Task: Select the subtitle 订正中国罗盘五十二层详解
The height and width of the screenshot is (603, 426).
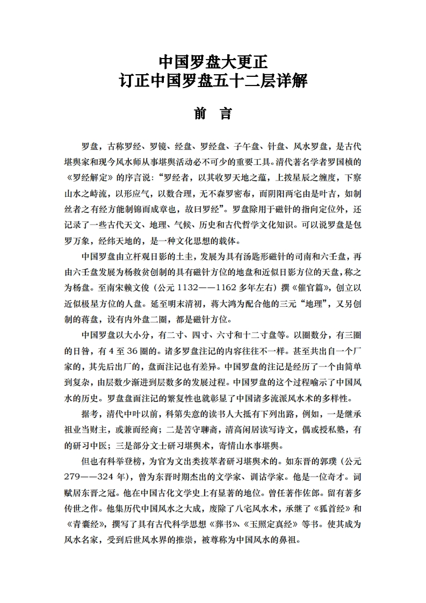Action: [x=213, y=82]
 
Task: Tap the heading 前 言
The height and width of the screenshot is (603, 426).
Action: [x=213, y=114]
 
